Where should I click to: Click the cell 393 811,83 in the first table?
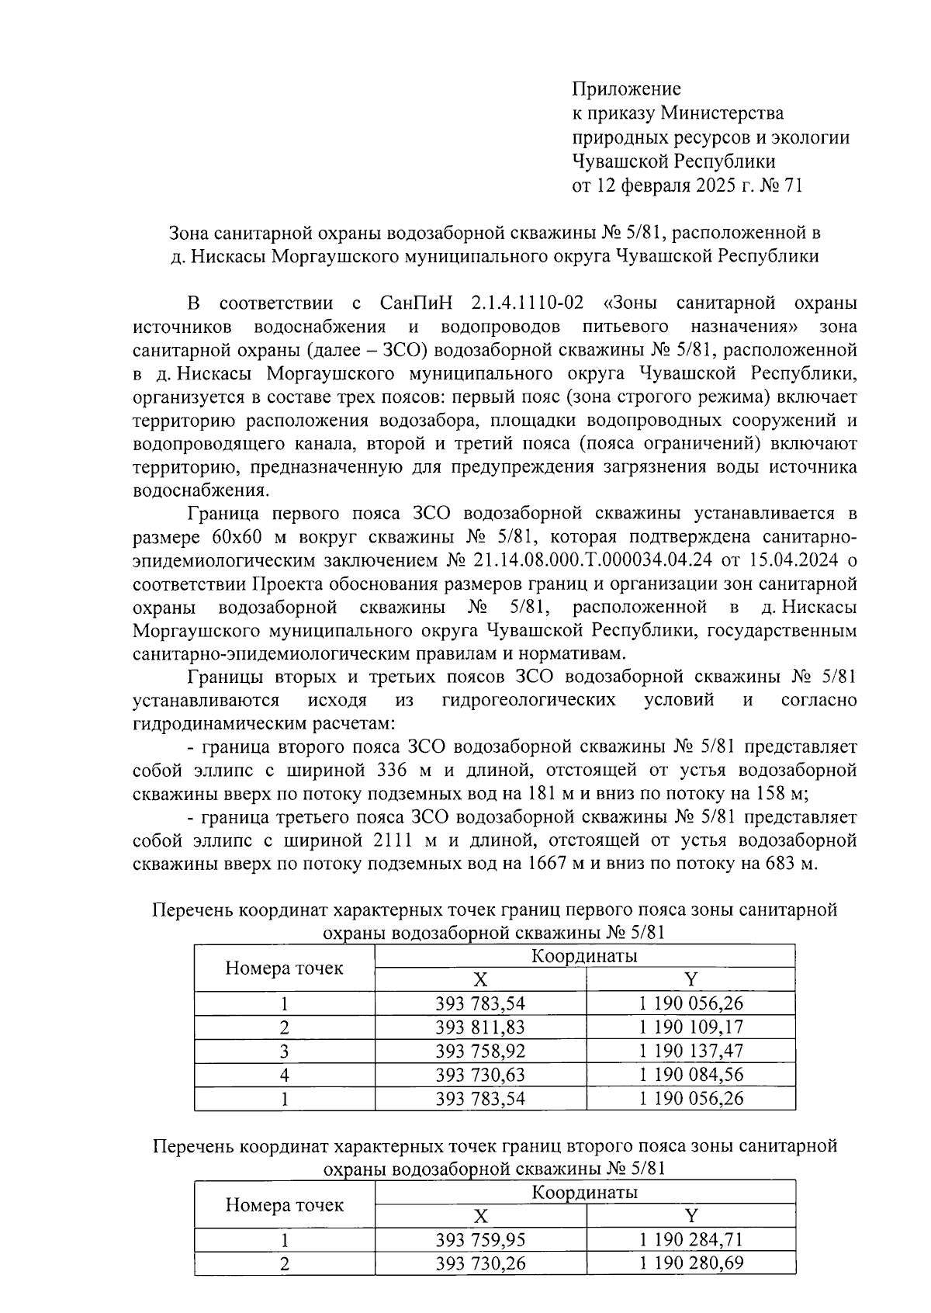tap(480, 1027)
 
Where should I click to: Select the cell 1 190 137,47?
tap(690, 1051)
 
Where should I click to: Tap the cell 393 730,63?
tap(480, 1075)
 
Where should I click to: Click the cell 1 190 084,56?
tap(690, 1075)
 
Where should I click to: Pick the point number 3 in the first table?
tap(284, 1051)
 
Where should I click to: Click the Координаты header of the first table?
tap(584, 956)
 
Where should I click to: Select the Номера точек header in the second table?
tap(284, 1204)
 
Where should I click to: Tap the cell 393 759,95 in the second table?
tap(480, 1240)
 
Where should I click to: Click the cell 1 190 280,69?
tap(690, 1263)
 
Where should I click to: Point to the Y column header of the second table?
tap(690, 1216)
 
